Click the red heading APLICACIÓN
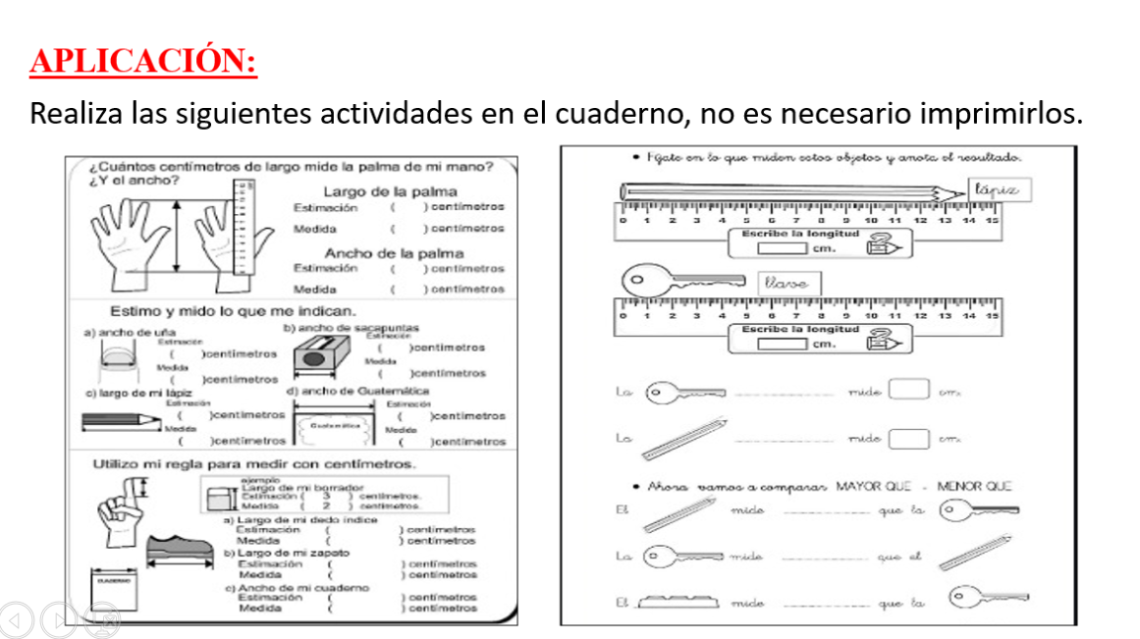coord(143,61)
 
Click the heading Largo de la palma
coord(390,191)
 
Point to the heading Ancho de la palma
coord(394,253)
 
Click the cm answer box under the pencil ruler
coord(782,247)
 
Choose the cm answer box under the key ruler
coord(782,343)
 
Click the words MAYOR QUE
coord(873,486)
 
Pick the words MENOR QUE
coord(974,486)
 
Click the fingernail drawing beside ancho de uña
coord(115,371)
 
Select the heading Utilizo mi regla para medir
coord(253,463)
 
